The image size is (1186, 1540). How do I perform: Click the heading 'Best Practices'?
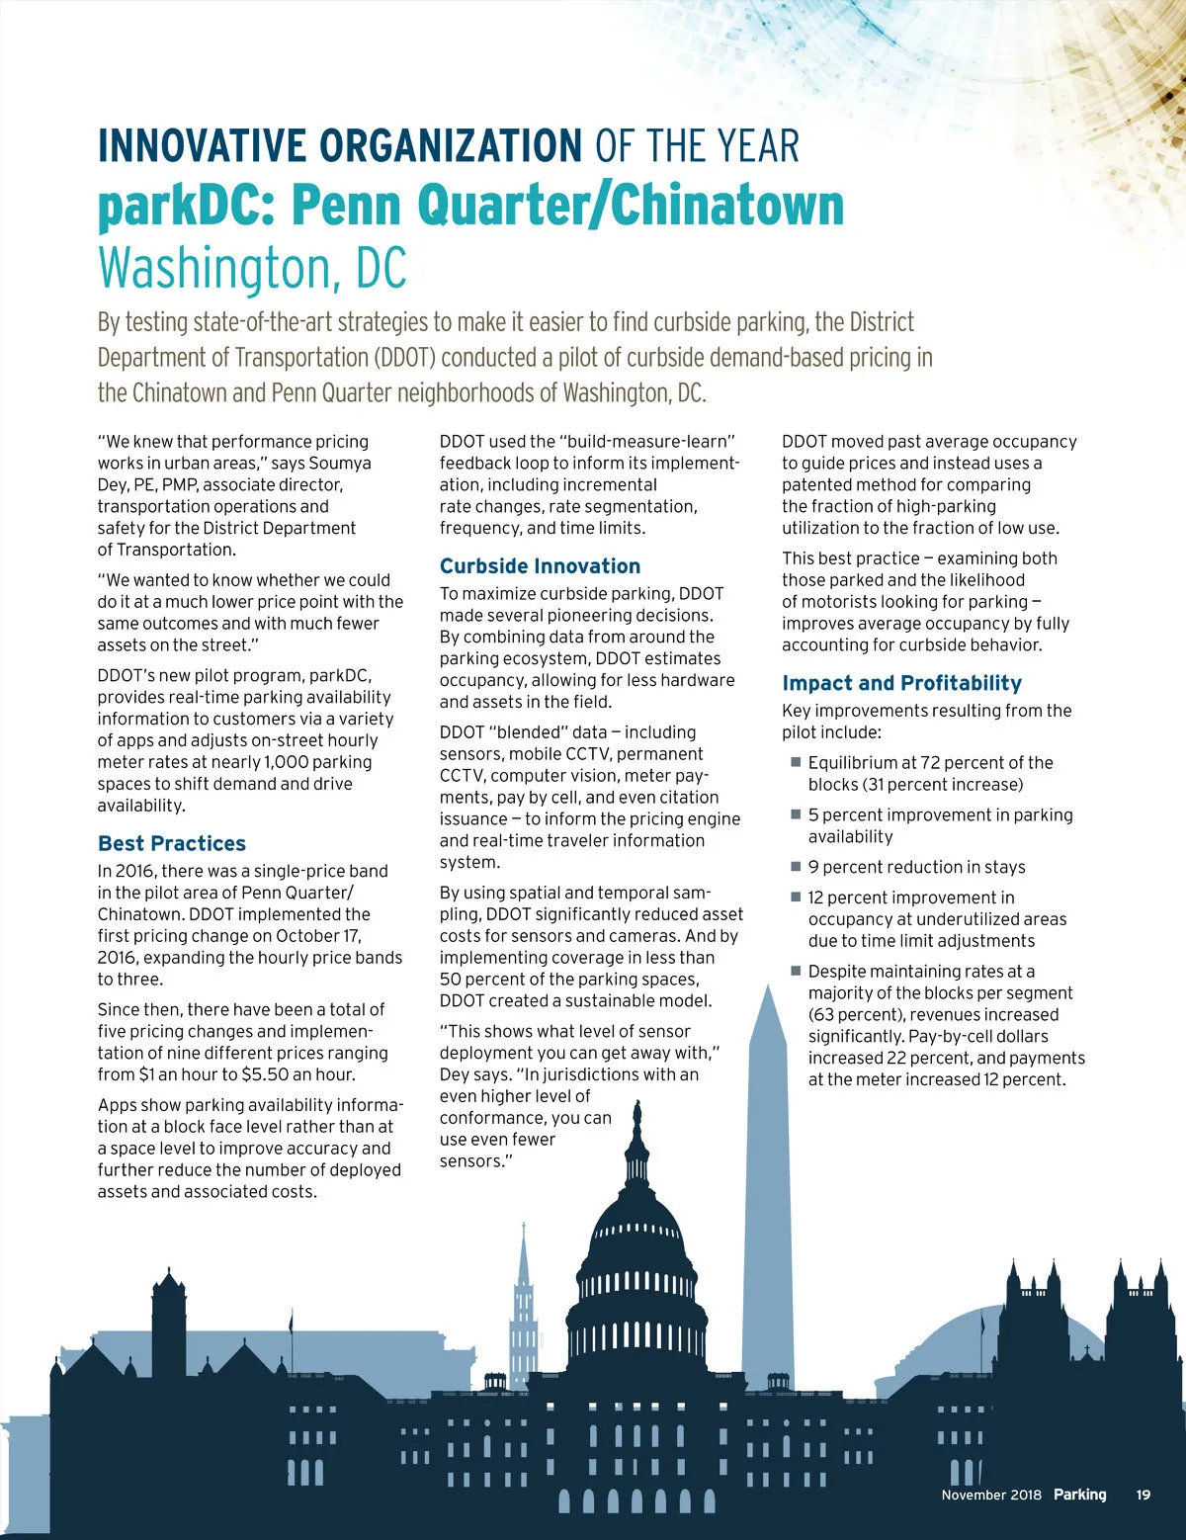[x=172, y=843]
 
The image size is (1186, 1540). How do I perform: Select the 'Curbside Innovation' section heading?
[x=540, y=566]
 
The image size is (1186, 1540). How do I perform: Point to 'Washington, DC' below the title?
[x=252, y=267]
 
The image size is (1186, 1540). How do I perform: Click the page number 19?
[x=1143, y=1495]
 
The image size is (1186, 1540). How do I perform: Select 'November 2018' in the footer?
[x=991, y=1495]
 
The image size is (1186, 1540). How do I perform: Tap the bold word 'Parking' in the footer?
[x=1079, y=1495]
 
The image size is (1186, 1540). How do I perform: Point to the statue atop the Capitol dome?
[x=637, y=1115]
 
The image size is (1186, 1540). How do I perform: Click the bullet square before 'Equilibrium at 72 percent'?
[x=796, y=762]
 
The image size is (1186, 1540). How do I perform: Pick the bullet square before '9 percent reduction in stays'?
[x=796, y=866]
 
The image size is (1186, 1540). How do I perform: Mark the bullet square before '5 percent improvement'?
[x=796, y=814]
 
